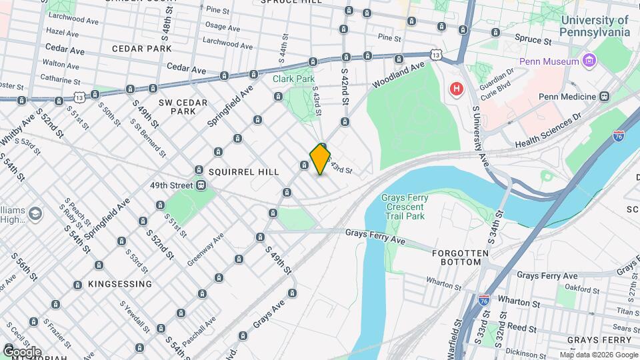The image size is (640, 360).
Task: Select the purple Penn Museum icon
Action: [x=588, y=62]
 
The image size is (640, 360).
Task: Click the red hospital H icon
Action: [x=457, y=89]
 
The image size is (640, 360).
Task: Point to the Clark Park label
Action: [x=293, y=79]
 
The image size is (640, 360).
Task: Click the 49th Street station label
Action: [x=171, y=185]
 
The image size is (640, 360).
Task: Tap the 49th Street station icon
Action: [x=201, y=185]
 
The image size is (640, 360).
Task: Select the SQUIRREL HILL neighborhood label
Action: [x=243, y=171]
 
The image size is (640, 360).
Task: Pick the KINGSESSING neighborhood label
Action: [x=120, y=284]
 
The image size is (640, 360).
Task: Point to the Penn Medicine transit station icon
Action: [x=605, y=96]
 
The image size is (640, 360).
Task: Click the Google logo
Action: [x=21, y=351]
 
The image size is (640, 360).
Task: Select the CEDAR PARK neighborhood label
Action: [x=141, y=49]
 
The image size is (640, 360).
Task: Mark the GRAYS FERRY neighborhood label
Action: [x=599, y=340]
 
